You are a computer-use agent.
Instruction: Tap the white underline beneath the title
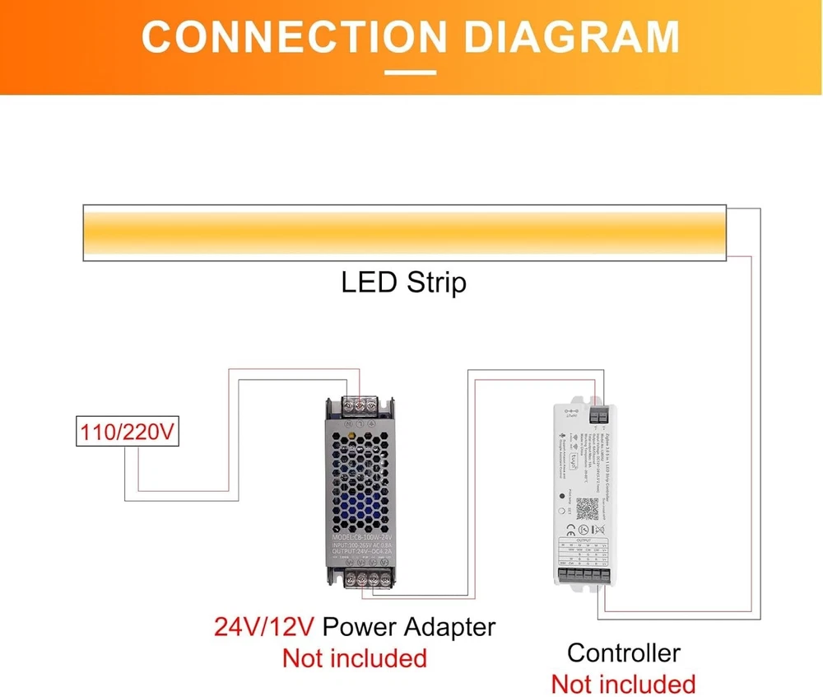pyautogui.click(x=411, y=73)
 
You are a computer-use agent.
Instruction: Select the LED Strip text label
pyautogui.click(x=403, y=283)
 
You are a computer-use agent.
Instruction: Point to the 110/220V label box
pyautogui.click(x=128, y=432)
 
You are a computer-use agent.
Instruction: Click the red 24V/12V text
pyautogui.click(x=264, y=627)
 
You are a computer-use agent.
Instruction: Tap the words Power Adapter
pyautogui.click(x=409, y=627)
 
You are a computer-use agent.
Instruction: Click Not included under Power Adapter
pyautogui.click(x=355, y=658)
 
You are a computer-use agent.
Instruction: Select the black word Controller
pyautogui.click(x=624, y=653)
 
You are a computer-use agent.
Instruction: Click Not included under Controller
pyautogui.click(x=623, y=684)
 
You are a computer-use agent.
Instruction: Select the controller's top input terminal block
pyautogui.click(x=599, y=409)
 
